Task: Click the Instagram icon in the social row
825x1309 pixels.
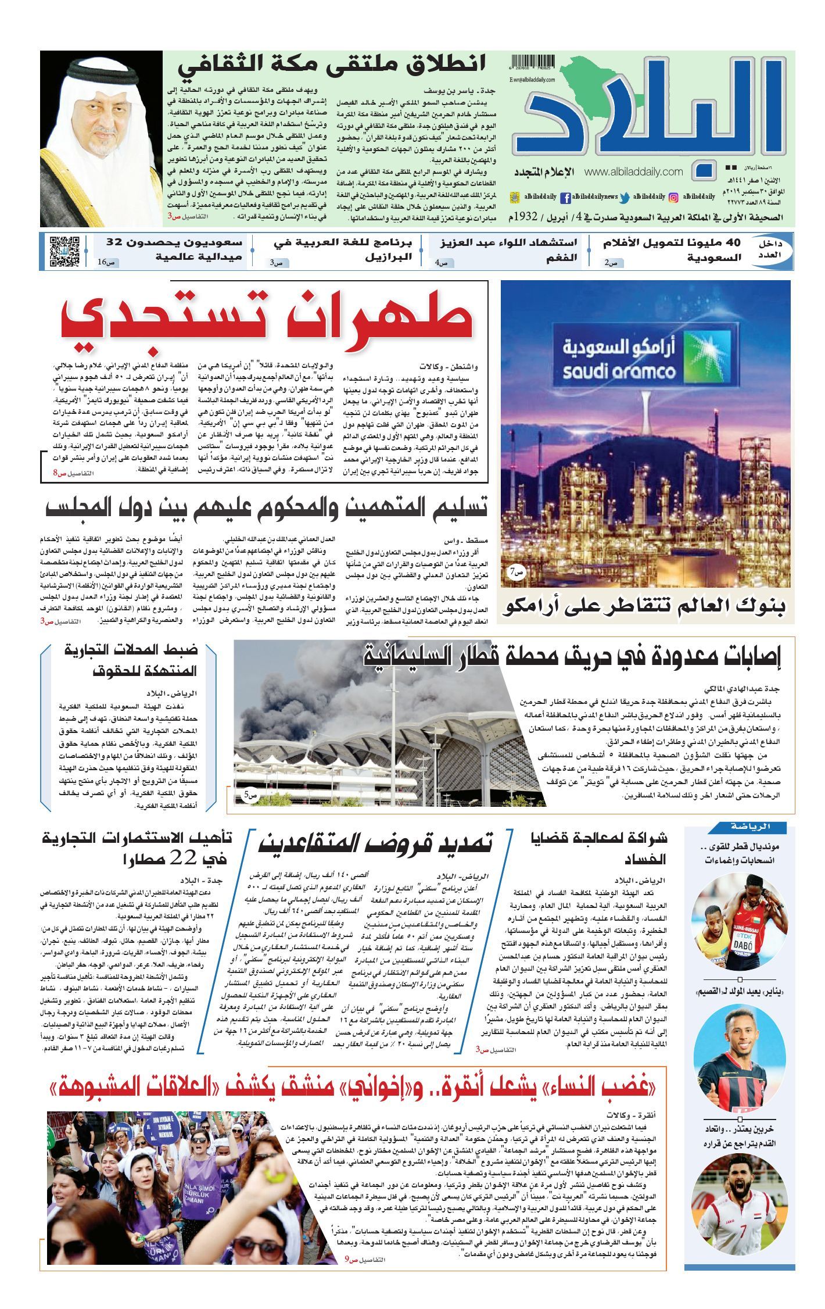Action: (674, 197)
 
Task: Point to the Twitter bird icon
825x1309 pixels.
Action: (625, 197)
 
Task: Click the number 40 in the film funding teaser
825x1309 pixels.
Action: (729, 242)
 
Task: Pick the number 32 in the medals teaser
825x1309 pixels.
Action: (114, 242)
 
